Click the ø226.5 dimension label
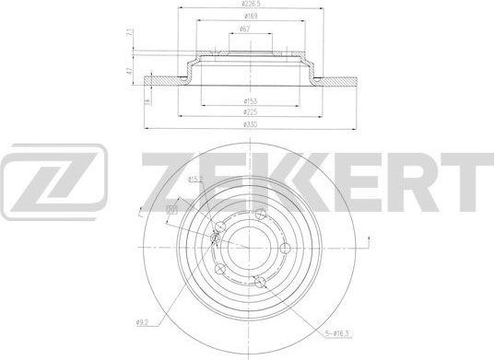[247, 5]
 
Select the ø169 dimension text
[247, 16]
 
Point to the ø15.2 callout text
[195, 179]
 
